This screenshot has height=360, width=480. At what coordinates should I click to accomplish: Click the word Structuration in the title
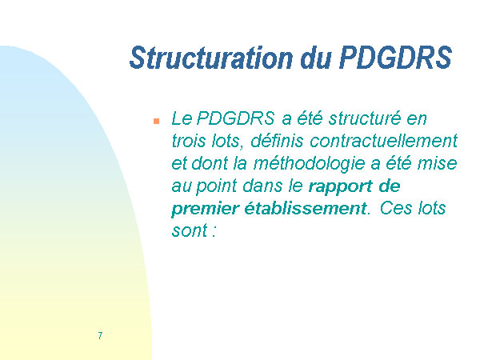tap(211, 58)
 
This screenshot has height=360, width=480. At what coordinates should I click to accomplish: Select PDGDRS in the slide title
tap(395, 58)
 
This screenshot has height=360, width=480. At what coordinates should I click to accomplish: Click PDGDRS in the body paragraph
tap(235, 118)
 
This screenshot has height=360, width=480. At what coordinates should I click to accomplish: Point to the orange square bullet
tap(157, 122)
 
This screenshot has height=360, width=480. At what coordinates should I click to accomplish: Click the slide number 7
tap(100, 335)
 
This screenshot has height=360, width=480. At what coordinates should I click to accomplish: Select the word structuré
tap(365, 118)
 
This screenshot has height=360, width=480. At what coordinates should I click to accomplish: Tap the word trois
tap(189, 141)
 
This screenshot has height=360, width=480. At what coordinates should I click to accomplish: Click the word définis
tap(277, 141)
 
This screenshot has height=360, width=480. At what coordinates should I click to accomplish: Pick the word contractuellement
tap(384, 141)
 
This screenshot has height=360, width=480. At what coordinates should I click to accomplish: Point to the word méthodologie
tap(309, 163)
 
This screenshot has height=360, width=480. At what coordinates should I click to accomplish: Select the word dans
tap(263, 186)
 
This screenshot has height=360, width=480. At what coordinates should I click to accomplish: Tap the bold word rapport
tap(341, 186)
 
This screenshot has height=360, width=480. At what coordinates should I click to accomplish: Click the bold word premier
tap(205, 209)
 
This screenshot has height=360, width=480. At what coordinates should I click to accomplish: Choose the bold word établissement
tap(306, 208)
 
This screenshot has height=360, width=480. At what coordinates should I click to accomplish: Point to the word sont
tap(190, 231)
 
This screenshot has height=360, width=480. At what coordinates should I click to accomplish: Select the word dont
tap(210, 163)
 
